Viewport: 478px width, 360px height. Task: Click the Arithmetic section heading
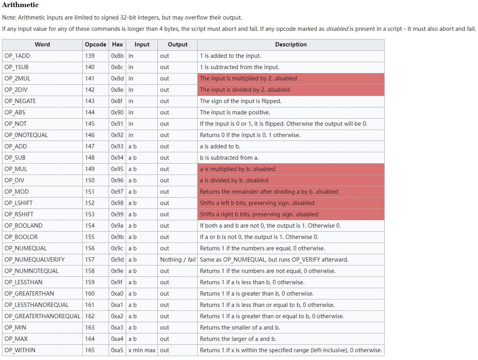pyautogui.click(x=20, y=5)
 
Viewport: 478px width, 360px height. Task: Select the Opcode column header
pyautogui.click(x=95, y=45)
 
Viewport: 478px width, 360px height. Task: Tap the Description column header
pyautogui.click(x=291, y=45)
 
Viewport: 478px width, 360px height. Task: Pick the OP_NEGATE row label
pyautogui.click(x=20, y=101)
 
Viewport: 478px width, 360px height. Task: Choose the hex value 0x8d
pyautogui.click(x=117, y=78)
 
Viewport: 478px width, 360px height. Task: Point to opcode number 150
pyautogui.click(x=90, y=180)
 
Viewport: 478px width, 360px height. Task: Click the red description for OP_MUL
pyautogui.click(x=238, y=169)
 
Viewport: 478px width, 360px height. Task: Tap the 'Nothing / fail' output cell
pyautogui.click(x=178, y=260)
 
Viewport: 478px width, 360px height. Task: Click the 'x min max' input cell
pyautogui.click(x=142, y=350)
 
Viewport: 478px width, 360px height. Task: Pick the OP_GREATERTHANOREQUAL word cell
pyautogui.click(x=42, y=316)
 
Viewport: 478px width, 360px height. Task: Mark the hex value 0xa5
pyautogui.click(x=117, y=350)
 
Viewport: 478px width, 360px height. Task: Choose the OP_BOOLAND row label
pyautogui.click(x=23, y=226)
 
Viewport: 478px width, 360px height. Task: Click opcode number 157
pyautogui.click(x=90, y=260)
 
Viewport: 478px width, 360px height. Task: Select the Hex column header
pyautogui.click(x=117, y=45)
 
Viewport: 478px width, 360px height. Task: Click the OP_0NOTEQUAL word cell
pyautogui.click(x=26, y=135)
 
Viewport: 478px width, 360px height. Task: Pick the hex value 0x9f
pyautogui.click(x=117, y=282)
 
